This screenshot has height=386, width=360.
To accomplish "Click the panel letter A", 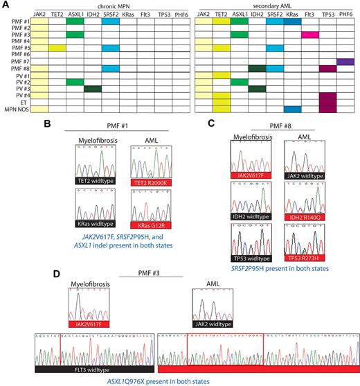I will click(x=6, y=6).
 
